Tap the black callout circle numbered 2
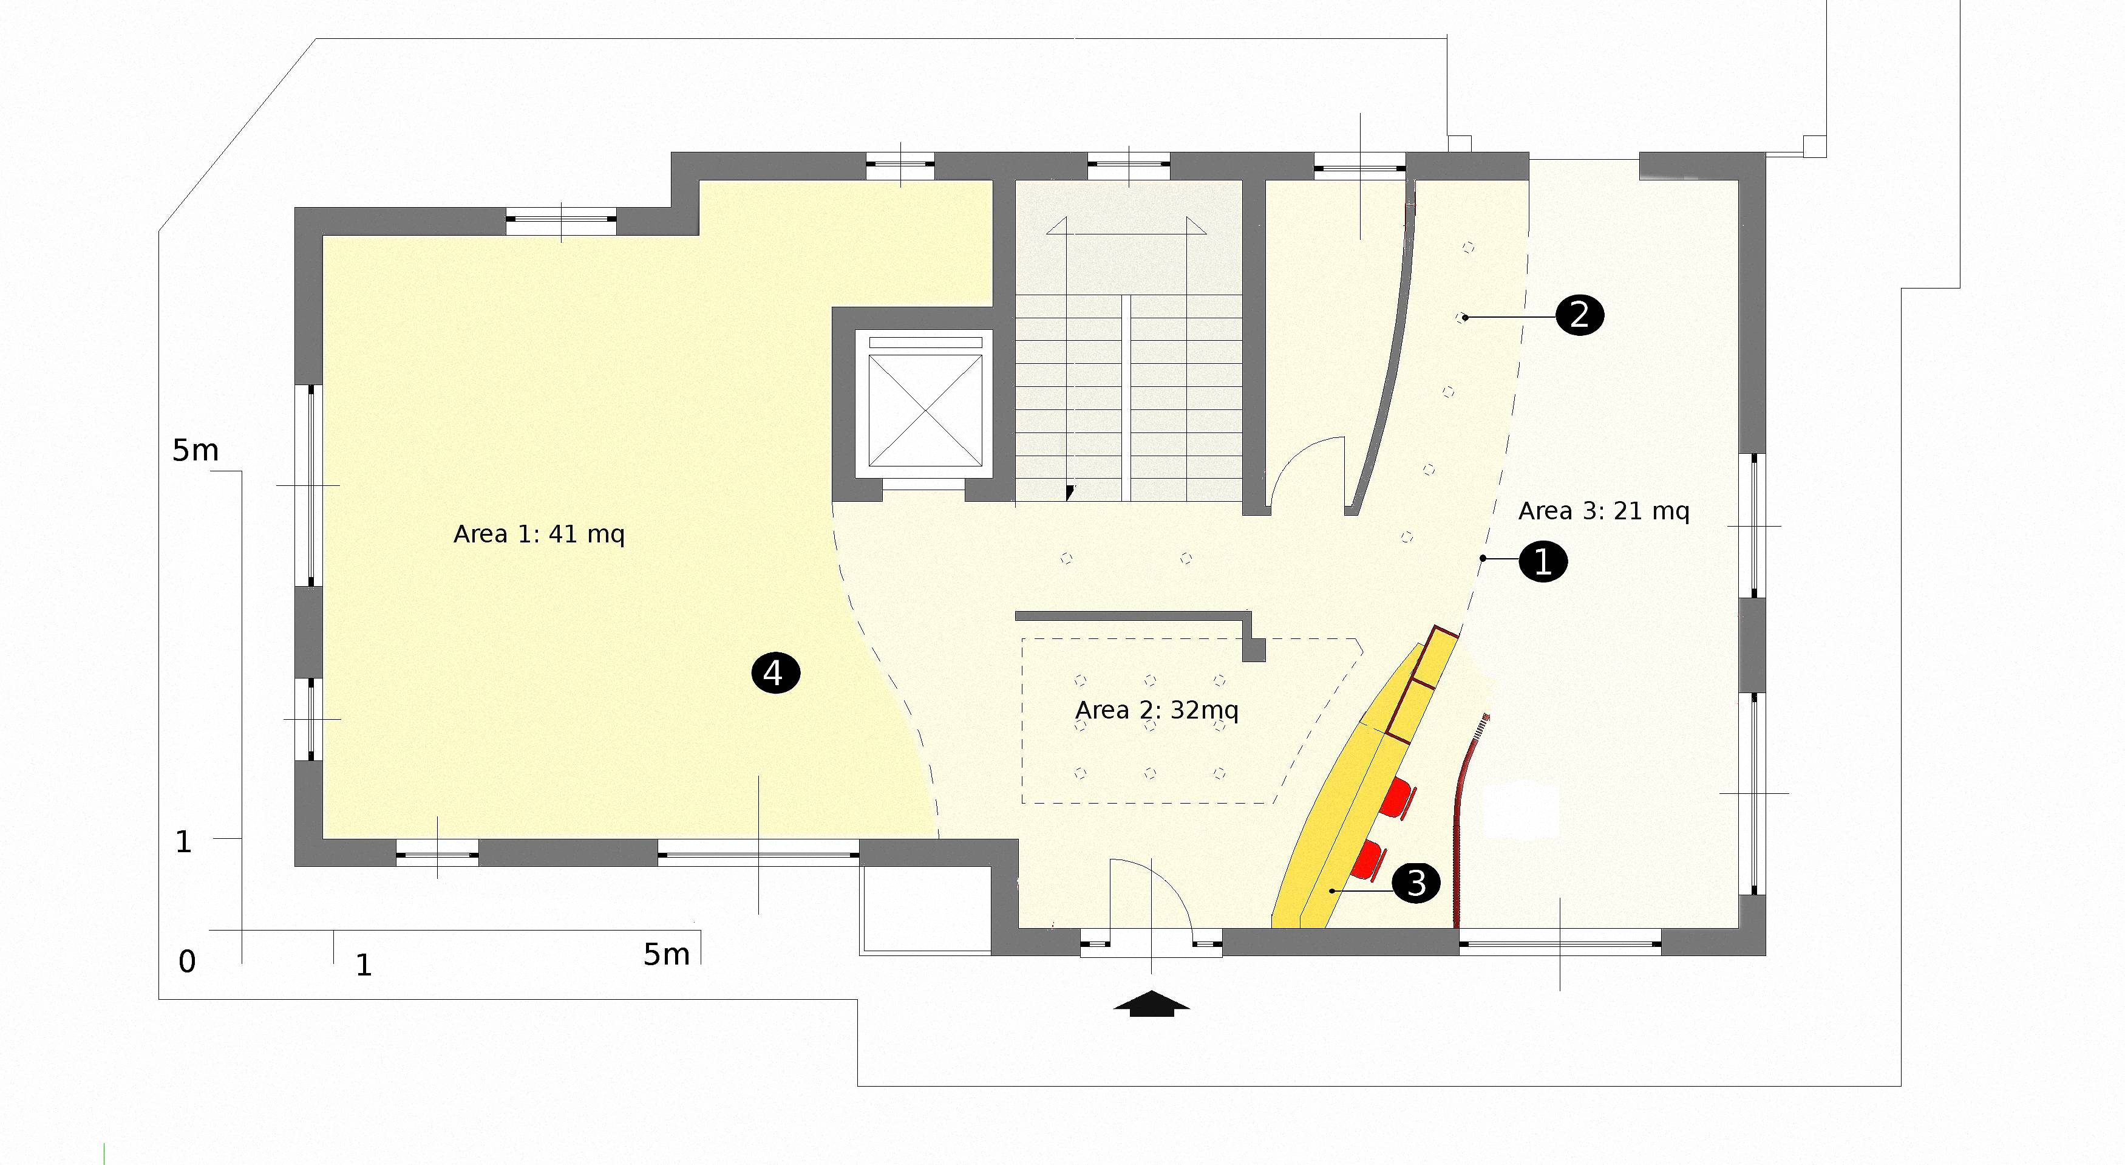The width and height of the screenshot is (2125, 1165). click(1579, 315)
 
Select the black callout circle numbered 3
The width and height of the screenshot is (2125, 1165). click(1416, 883)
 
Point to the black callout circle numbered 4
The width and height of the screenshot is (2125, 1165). click(775, 673)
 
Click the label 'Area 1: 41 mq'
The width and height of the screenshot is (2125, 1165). click(539, 535)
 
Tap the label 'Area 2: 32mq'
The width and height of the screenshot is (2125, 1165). click(1157, 711)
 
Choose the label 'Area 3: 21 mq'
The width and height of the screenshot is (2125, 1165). click(1603, 511)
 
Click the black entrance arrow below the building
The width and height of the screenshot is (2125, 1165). click(1152, 1003)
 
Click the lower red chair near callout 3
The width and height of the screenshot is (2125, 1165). click(1369, 859)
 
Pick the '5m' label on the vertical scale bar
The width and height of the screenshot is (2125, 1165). click(195, 451)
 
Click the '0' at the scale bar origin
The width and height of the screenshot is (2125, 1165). click(187, 962)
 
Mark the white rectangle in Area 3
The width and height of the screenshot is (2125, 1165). click(1520, 811)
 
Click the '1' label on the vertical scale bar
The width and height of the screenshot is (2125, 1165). click(183, 842)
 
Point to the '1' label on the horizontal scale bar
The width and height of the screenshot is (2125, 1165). click(364, 965)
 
